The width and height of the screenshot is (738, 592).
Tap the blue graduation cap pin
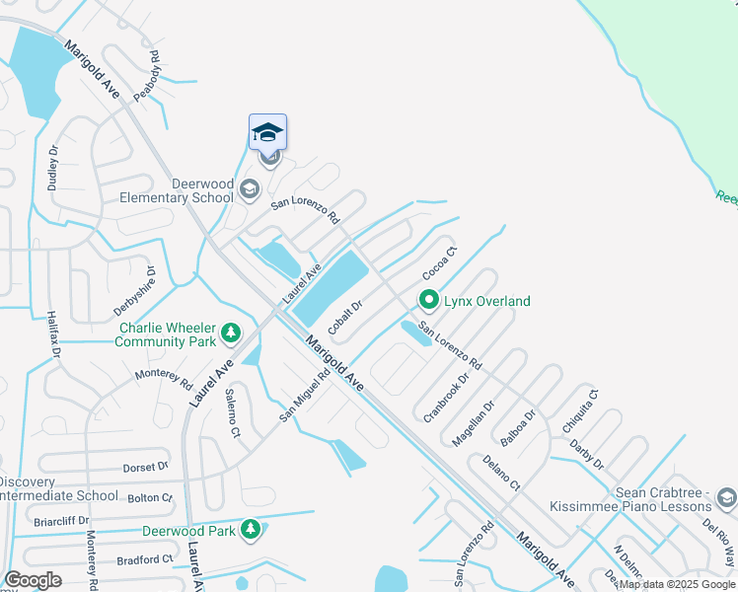point(267,132)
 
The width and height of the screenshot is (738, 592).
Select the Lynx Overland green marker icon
point(429,300)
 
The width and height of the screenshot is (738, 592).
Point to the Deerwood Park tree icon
point(252,530)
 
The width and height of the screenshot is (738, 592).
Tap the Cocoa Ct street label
point(440,262)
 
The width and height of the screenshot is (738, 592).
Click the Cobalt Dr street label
point(346,318)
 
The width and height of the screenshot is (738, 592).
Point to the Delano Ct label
point(501,473)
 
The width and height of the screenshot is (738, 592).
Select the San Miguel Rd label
point(304,396)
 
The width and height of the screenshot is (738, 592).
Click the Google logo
point(34,580)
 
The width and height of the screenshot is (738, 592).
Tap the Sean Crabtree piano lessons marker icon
point(727,496)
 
